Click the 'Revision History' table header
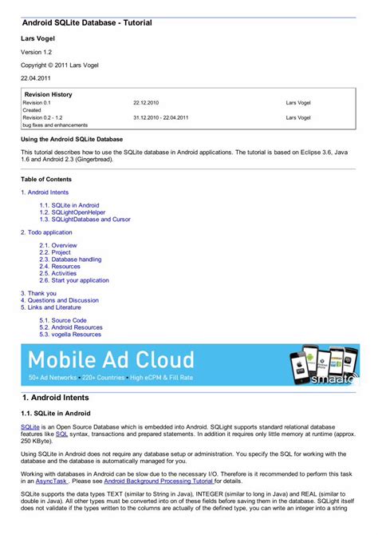[x=49, y=94]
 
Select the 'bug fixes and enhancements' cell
[x=55, y=125]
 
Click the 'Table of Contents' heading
[x=46, y=180]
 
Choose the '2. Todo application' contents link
[x=46, y=232]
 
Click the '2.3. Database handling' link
[x=70, y=260]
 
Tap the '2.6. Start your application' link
[x=74, y=280]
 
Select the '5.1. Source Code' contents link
[x=63, y=320]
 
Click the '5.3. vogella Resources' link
[x=70, y=335]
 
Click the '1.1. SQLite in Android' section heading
[x=55, y=413]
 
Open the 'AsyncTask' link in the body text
[x=50, y=481]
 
